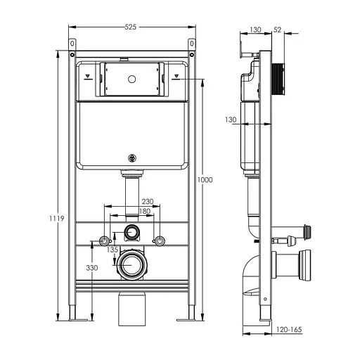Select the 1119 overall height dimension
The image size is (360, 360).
point(60,219)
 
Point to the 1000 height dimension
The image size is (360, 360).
point(205,180)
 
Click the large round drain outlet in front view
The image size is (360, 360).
point(131,266)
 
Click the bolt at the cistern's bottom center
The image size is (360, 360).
point(131,158)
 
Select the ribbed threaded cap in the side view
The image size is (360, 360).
point(280,77)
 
